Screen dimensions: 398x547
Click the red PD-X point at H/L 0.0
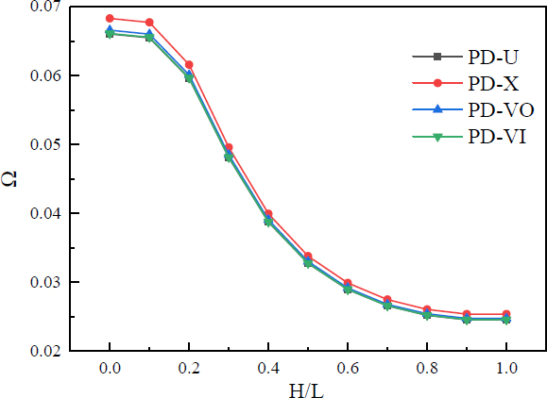tap(110, 18)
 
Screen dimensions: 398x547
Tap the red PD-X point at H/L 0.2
tap(189, 64)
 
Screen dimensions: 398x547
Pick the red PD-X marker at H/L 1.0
tap(506, 314)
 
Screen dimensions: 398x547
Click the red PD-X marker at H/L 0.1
tap(149, 22)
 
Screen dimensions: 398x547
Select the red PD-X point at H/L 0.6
tap(348, 283)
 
